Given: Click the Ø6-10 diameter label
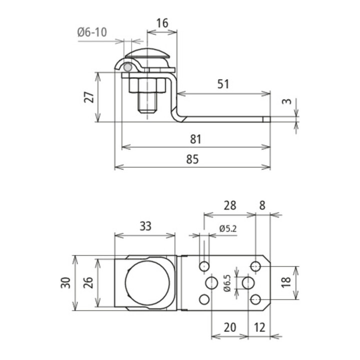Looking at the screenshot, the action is point(92,32).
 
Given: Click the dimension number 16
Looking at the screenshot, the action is point(162,23).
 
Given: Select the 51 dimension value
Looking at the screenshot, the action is point(223,84).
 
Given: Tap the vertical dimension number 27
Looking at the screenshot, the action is point(89,97).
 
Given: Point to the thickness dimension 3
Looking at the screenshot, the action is point(286,101).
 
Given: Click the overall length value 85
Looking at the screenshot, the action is point(192,159).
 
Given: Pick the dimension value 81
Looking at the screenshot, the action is point(195,139).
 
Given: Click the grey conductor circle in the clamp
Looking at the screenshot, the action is point(127,67).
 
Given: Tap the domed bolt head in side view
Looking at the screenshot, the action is point(147,53).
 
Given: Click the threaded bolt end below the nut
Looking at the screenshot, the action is point(147,102).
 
